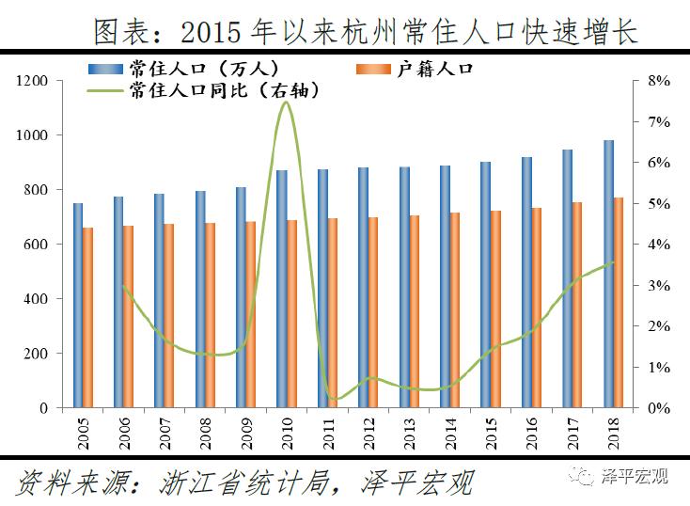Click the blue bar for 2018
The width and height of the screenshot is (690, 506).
[608, 274]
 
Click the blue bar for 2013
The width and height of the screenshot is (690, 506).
[404, 287]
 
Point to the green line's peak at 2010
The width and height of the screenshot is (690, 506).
[286, 102]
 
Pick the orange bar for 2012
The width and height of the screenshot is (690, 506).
[373, 312]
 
